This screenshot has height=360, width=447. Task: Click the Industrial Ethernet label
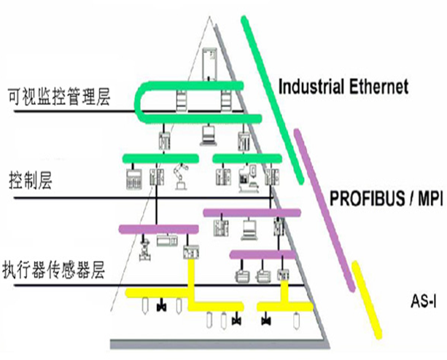(x=343, y=87)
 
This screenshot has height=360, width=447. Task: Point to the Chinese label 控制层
(x=28, y=178)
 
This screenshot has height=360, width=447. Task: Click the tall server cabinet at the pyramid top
(x=211, y=61)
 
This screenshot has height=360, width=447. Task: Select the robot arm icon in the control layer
(x=179, y=178)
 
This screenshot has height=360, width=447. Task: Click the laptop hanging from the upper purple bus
(x=246, y=229)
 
